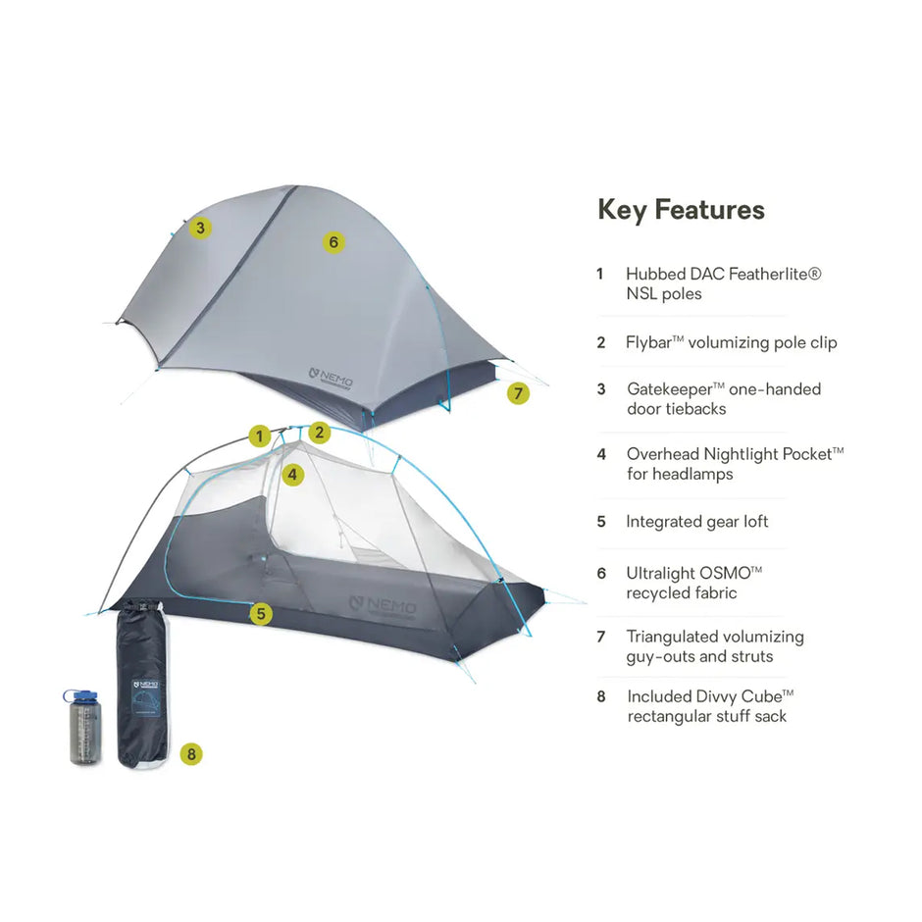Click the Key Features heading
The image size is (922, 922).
pos(681,210)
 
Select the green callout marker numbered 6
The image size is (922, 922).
pos(333,241)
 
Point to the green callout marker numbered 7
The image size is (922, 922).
pos(518,393)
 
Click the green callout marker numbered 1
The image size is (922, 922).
pos(259,436)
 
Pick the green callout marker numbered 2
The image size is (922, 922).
pos(320,432)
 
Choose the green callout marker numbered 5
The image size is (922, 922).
pos(260,615)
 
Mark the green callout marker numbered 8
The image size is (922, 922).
pos(191,754)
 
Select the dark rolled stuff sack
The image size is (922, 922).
pos(142,687)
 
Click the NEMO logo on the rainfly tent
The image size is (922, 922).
pos(332,377)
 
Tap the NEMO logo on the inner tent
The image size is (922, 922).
pos(383,604)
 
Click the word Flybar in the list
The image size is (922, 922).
pos(651,343)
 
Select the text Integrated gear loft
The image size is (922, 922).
pos(696,522)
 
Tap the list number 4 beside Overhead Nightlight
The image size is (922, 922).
pos(601,454)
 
